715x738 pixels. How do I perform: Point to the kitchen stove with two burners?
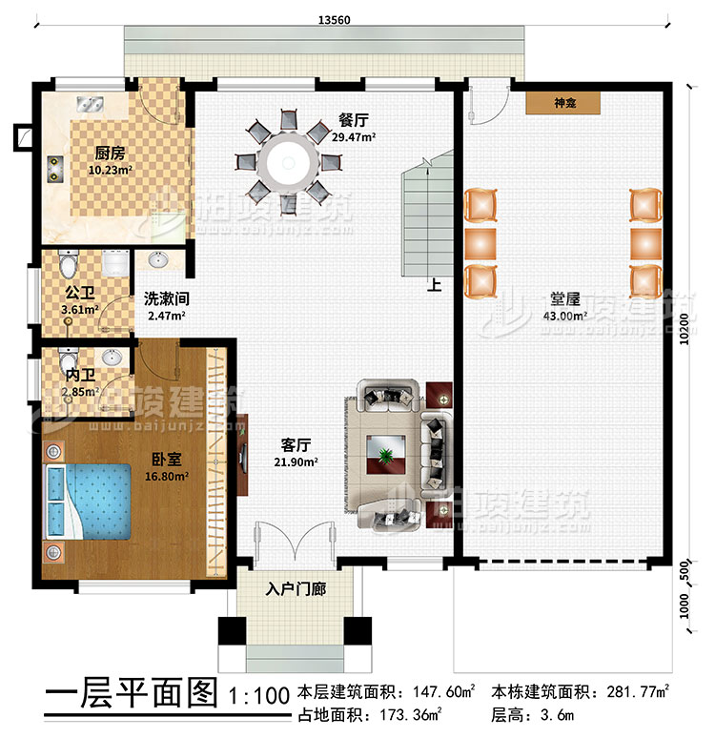tap(52, 170)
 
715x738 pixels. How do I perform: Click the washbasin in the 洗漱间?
tap(158, 257)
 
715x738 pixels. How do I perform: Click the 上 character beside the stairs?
tap(434, 283)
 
